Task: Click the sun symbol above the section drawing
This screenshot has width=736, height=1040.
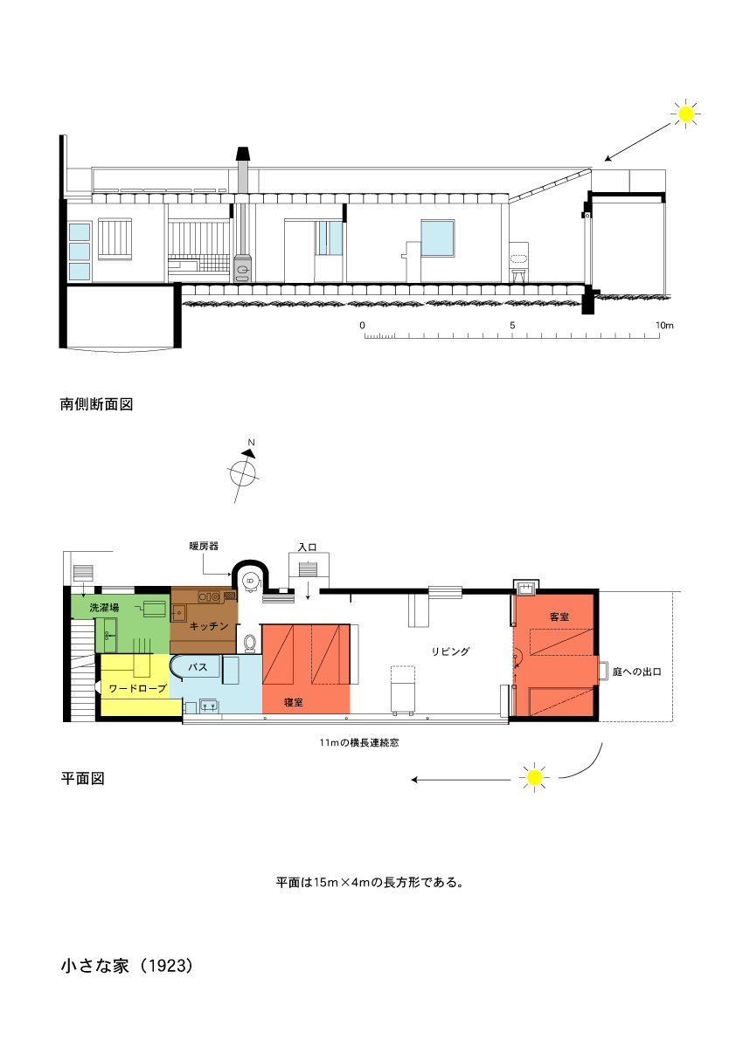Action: tap(685, 114)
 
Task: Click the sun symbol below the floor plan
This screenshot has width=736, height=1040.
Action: tap(534, 777)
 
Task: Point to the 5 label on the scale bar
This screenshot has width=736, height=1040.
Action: tap(512, 325)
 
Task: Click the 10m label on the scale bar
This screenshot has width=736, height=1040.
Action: tap(664, 325)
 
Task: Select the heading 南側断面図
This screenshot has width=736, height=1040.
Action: tap(97, 404)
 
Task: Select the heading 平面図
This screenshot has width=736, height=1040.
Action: tap(82, 778)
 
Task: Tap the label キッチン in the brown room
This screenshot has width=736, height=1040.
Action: tap(208, 625)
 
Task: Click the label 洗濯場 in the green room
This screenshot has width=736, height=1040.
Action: tap(104, 607)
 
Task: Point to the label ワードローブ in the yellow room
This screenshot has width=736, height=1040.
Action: tap(137, 688)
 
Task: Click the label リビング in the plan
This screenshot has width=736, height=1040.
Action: tap(451, 651)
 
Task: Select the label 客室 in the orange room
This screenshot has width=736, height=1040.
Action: tap(559, 616)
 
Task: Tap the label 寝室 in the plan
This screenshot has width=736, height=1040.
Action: tap(294, 702)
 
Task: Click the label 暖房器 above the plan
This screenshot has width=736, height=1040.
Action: tap(204, 546)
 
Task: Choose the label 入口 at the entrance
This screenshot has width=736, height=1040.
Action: tap(308, 548)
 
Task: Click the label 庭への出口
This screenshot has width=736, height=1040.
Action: tap(636, 672)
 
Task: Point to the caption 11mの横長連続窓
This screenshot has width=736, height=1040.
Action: tap(359, 743)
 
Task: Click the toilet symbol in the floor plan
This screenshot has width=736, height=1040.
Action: tap(250, 643)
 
